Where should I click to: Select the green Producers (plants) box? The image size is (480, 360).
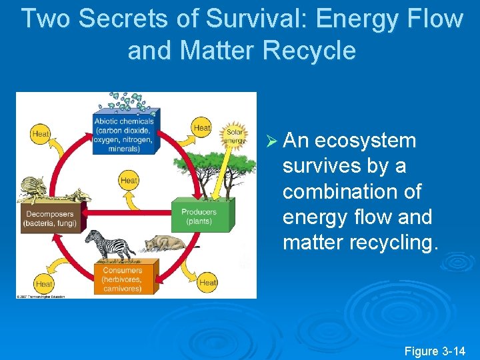coord(198,216)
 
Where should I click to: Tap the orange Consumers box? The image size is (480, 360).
coord(122,279)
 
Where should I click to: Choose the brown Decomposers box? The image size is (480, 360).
coord(50,218)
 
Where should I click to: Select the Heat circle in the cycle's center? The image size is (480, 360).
coord(129,180)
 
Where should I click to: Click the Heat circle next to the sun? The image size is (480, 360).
coord(201,127)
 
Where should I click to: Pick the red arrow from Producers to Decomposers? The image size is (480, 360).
coord(127,213)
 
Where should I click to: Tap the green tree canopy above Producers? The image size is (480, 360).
coord(213,160)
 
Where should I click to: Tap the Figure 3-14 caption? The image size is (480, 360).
coord(435,351)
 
